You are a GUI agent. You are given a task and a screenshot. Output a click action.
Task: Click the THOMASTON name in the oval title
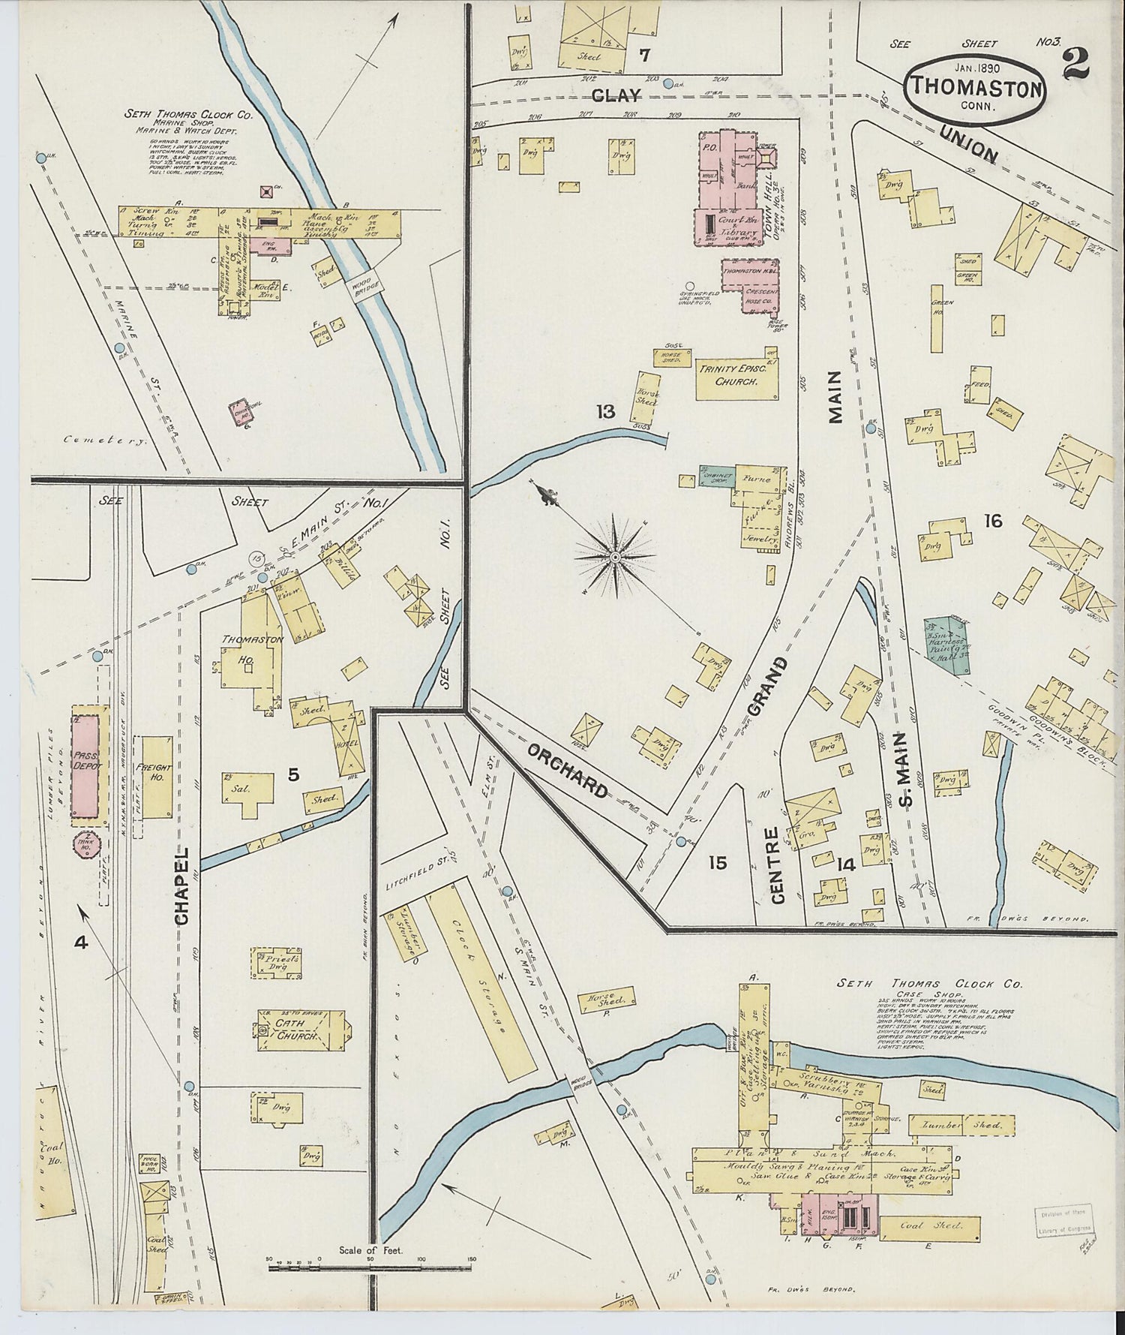coord(976,89)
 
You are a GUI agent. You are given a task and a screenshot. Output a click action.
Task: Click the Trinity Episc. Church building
coord(736,374)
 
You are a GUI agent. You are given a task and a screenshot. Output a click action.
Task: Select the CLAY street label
coord(616,95)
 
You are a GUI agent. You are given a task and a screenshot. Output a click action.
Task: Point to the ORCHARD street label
coord(567,769)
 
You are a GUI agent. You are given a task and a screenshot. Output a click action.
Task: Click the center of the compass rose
coord(614,557)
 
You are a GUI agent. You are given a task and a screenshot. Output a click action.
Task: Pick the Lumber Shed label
coord(963,1124)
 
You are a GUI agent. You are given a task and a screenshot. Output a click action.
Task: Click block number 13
coord(606,411)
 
